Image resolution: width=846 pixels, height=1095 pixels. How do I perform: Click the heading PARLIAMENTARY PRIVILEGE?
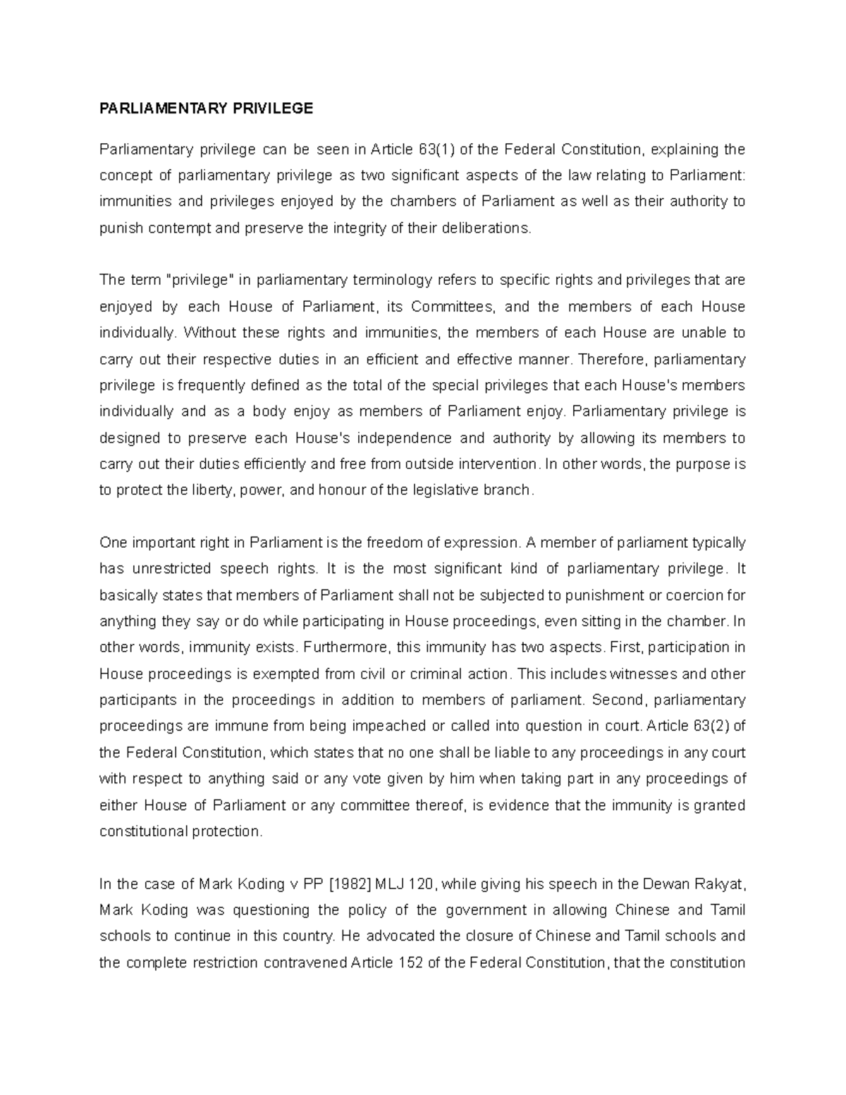(206, 108)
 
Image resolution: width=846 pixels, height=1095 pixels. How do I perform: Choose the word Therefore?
(612, 360)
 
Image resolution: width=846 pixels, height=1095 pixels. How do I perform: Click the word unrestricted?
(176, 569)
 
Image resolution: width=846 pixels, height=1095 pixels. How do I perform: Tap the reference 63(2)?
(708, 726)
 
